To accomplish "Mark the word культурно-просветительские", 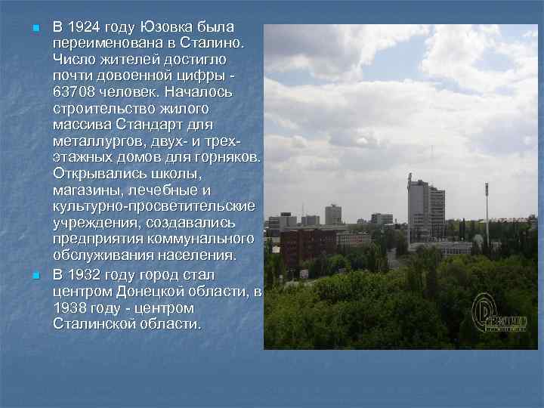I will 153,206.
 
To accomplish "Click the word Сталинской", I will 97,325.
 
